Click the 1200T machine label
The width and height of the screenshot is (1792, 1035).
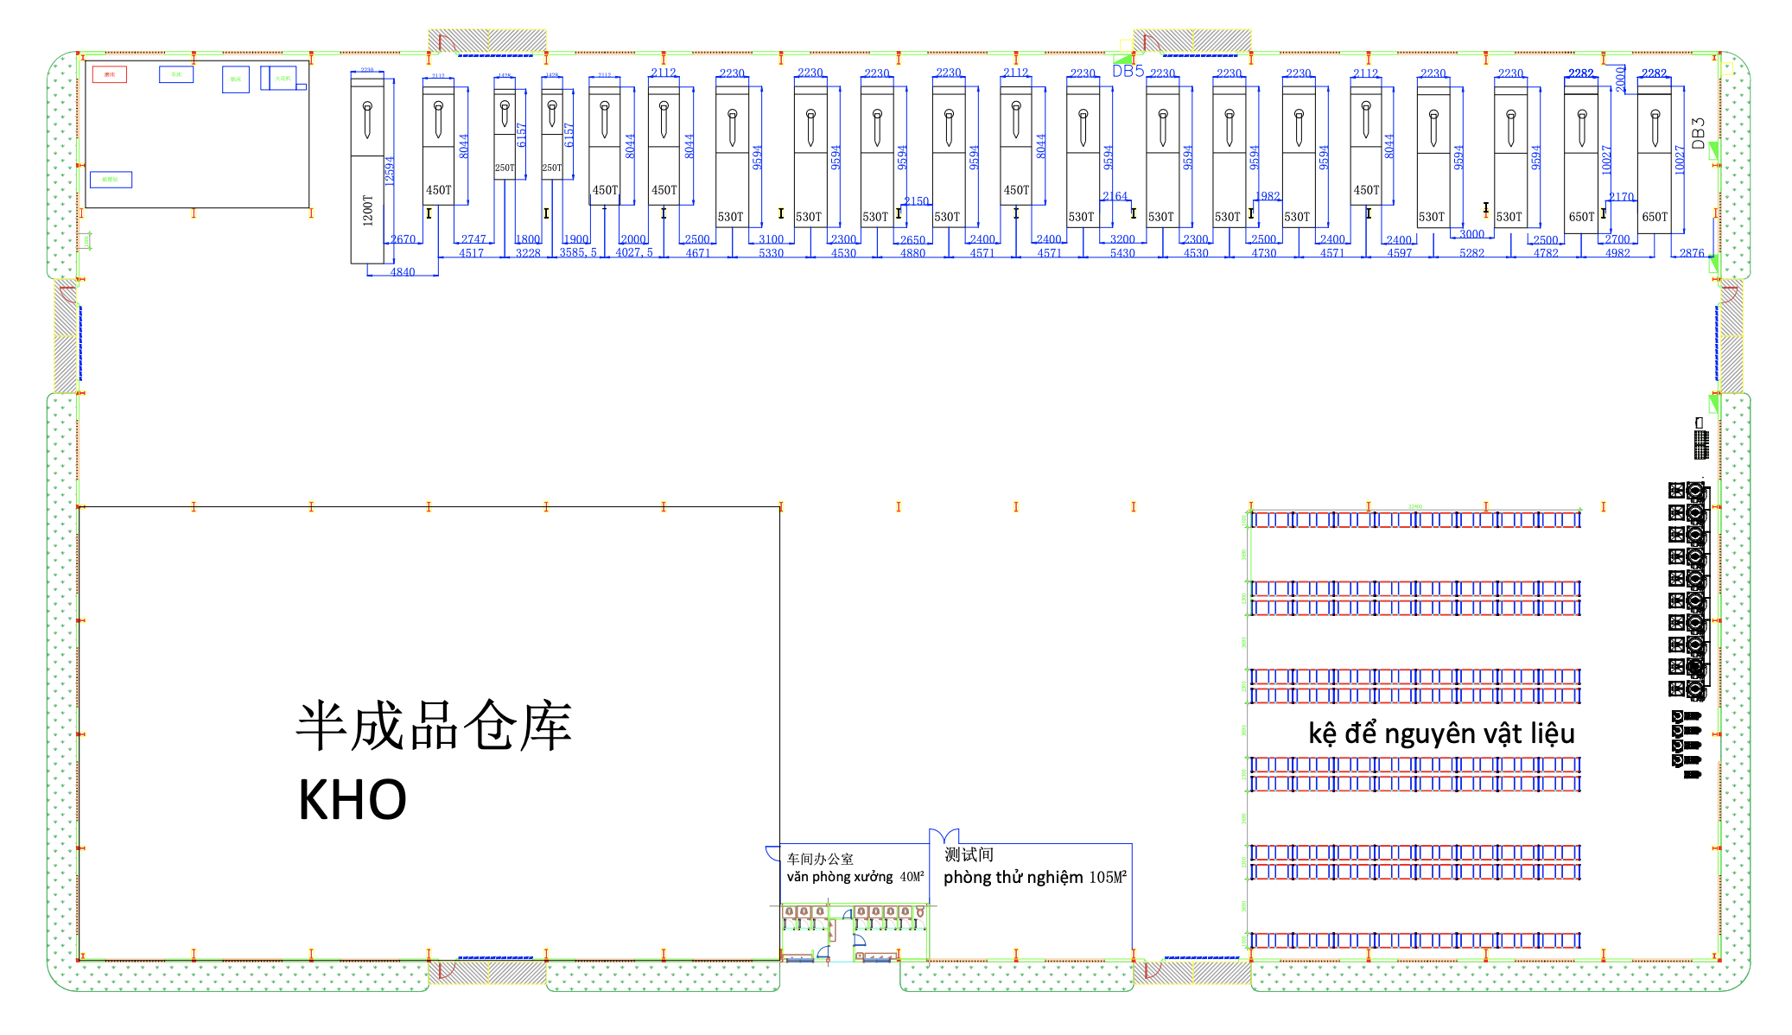(x=368, y=210)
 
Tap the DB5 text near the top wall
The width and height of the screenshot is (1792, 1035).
(x=1128, y=72)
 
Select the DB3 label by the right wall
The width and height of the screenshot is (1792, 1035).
(x=1699, y=134)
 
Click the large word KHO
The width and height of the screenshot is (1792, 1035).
(x=353, y=800)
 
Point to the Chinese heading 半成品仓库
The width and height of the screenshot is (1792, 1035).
(x=434, y=727)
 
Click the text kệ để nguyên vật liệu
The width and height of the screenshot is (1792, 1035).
(x=1441, y=733)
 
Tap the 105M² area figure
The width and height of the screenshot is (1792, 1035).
(x=1108, y=878)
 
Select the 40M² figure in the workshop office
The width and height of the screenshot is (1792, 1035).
(x=912, y=877)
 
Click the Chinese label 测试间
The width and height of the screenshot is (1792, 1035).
(x=969, y=854)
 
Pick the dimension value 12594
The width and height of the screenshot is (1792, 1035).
(x=389, y=171)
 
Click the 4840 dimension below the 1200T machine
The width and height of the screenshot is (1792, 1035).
(x=403, y=272)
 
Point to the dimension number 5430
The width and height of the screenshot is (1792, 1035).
(x=1122, y=253)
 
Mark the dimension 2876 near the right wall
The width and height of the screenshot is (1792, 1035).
(x=1692, y=253)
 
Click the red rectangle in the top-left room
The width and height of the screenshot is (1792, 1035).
(x=110, y=74)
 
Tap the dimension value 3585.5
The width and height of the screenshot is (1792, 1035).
(x=578, y=253)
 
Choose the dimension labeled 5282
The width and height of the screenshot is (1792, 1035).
(x=1471, y=253)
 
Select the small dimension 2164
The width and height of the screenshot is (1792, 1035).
(x=1115, y=196)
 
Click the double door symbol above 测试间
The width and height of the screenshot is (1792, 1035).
(x=944, y=835)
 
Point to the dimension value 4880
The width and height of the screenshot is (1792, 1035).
(x=912, y=253)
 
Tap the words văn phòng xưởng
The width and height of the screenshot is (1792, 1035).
(x=839, y=877)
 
